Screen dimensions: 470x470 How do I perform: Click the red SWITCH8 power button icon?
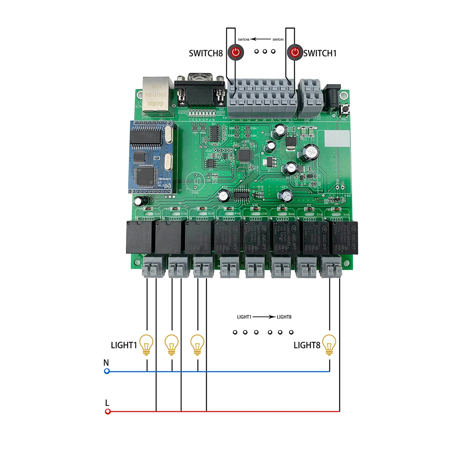click(x=236, y=52)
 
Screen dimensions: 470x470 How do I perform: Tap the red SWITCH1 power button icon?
click(x=295, y=52)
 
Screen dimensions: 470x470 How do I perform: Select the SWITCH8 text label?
click(x=206, y=53)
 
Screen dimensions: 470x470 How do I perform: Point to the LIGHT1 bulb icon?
click(x=146, y=345)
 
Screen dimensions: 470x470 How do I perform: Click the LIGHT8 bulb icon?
click(x=329, y=345)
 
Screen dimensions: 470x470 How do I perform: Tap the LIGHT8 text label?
click(x=307, y=345)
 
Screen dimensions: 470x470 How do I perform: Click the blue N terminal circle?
click(x=107, y=371)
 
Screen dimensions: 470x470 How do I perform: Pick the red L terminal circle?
click(x=108, y=411)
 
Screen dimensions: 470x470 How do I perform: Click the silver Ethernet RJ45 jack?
click(x=157, y=94)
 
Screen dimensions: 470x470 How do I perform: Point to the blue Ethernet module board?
click(x=151, y=157)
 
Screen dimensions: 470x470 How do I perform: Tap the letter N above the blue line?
click(x=106, y=363)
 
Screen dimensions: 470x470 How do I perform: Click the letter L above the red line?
click(x=107, y=403)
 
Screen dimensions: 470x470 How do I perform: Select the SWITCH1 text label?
click(x=320, y=53)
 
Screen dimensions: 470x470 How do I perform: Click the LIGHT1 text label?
click(x=124, y=345)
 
